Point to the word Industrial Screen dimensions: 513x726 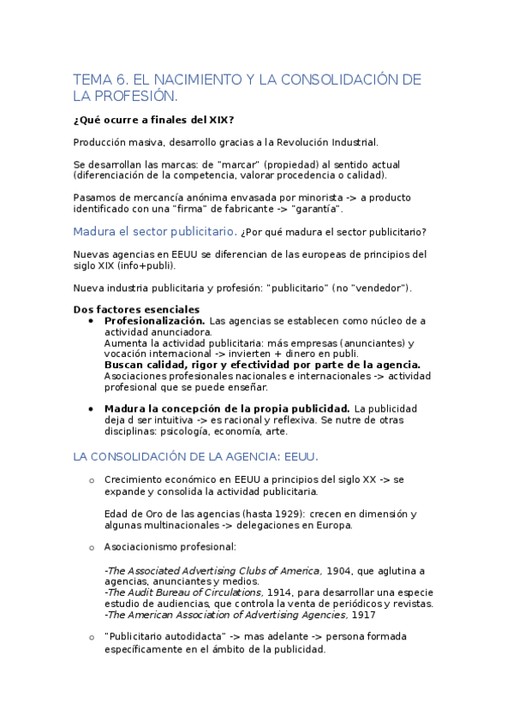click(x=352, y=142)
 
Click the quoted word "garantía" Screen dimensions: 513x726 click(x=317, y=208)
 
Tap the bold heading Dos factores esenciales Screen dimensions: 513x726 click(x=137, y=309)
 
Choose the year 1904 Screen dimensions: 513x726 click(x=341, y=570)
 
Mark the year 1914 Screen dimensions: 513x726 click(x=280, y=592)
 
